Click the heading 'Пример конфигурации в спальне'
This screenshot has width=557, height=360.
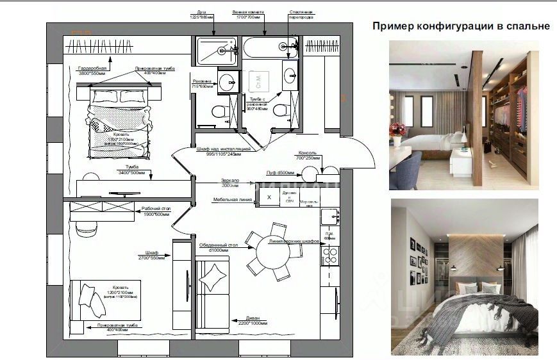tap(461, 26)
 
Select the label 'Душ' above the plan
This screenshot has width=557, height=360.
tap(201, 12)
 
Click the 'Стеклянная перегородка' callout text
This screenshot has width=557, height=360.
tap(301, 14)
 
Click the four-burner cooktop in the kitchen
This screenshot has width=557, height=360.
tap(329, 256)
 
